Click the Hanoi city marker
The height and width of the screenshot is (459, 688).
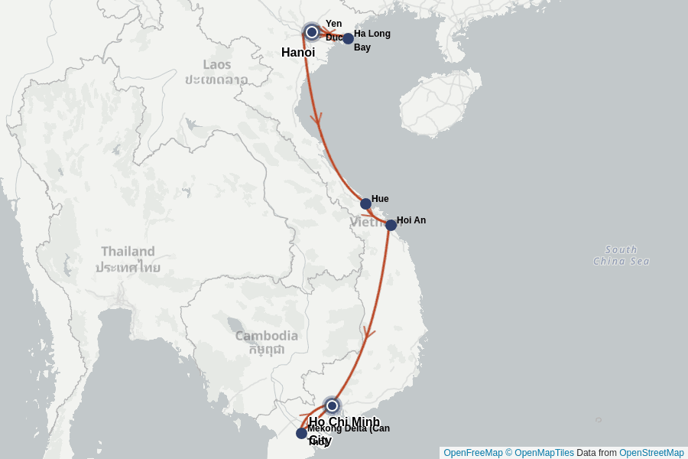point(312,32)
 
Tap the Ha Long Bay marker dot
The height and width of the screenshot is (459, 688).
point(348,38)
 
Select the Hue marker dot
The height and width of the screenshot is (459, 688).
point(365,203)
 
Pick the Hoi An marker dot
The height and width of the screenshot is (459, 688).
point(391,225)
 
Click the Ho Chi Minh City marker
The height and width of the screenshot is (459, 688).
point(332,405)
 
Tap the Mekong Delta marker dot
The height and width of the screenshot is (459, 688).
point(301,433)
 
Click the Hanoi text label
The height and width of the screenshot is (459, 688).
point(298,53)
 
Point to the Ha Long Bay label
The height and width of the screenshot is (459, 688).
point(372,40)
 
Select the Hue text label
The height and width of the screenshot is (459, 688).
point(380,199)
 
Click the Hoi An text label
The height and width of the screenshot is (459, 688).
point(411,220)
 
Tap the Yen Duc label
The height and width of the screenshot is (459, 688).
point(334,30)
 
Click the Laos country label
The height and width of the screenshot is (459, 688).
point(216,71)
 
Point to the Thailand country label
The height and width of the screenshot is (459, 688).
point(128,259)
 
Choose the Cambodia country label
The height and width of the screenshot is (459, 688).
point(266,342)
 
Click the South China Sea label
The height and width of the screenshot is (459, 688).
point(621,256)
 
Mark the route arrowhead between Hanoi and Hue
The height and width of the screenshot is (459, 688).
point(316,119)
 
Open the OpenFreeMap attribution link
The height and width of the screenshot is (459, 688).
point(472,453)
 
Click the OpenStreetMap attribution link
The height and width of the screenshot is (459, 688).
point(651,453)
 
